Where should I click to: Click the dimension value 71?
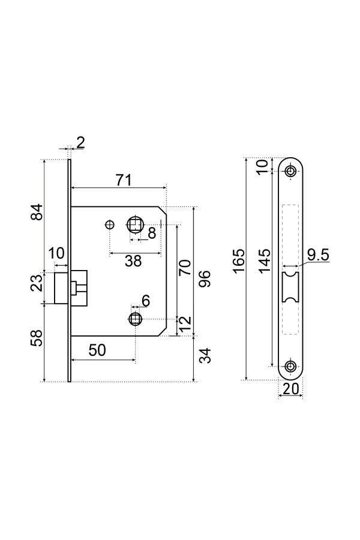point(124,180)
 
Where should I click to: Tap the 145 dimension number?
point(264,261)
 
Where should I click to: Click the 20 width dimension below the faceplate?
point(290,389)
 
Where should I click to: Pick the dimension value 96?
point(204,278)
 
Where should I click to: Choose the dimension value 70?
point(185,268)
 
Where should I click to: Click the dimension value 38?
point(133,261)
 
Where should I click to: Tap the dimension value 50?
point(97,350)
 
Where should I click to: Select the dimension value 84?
point(37,212)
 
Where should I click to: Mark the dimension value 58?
point(37,338)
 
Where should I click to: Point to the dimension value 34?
point(205,355)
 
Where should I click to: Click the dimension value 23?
point(38,283)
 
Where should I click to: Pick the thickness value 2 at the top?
point(80,143)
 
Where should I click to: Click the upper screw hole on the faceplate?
point(291,171)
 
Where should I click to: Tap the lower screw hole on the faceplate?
point(291,366)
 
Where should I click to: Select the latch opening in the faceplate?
point(290,287)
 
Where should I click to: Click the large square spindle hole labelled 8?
point(135,224)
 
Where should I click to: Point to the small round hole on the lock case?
point(109,224)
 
